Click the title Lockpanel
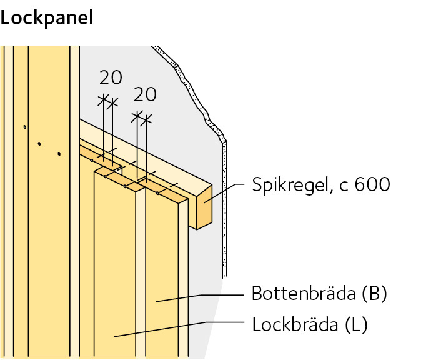coord(47,17)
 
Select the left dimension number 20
coord(111,77)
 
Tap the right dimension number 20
coord(145,94)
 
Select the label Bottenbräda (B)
coord(319,293)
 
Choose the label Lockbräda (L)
coord(309,324)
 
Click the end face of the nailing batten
coord(204,206)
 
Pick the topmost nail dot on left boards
coord(24,127)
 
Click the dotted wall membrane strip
coord(224,206)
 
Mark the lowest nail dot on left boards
coord(59,152)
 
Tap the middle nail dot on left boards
coord(39,143)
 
